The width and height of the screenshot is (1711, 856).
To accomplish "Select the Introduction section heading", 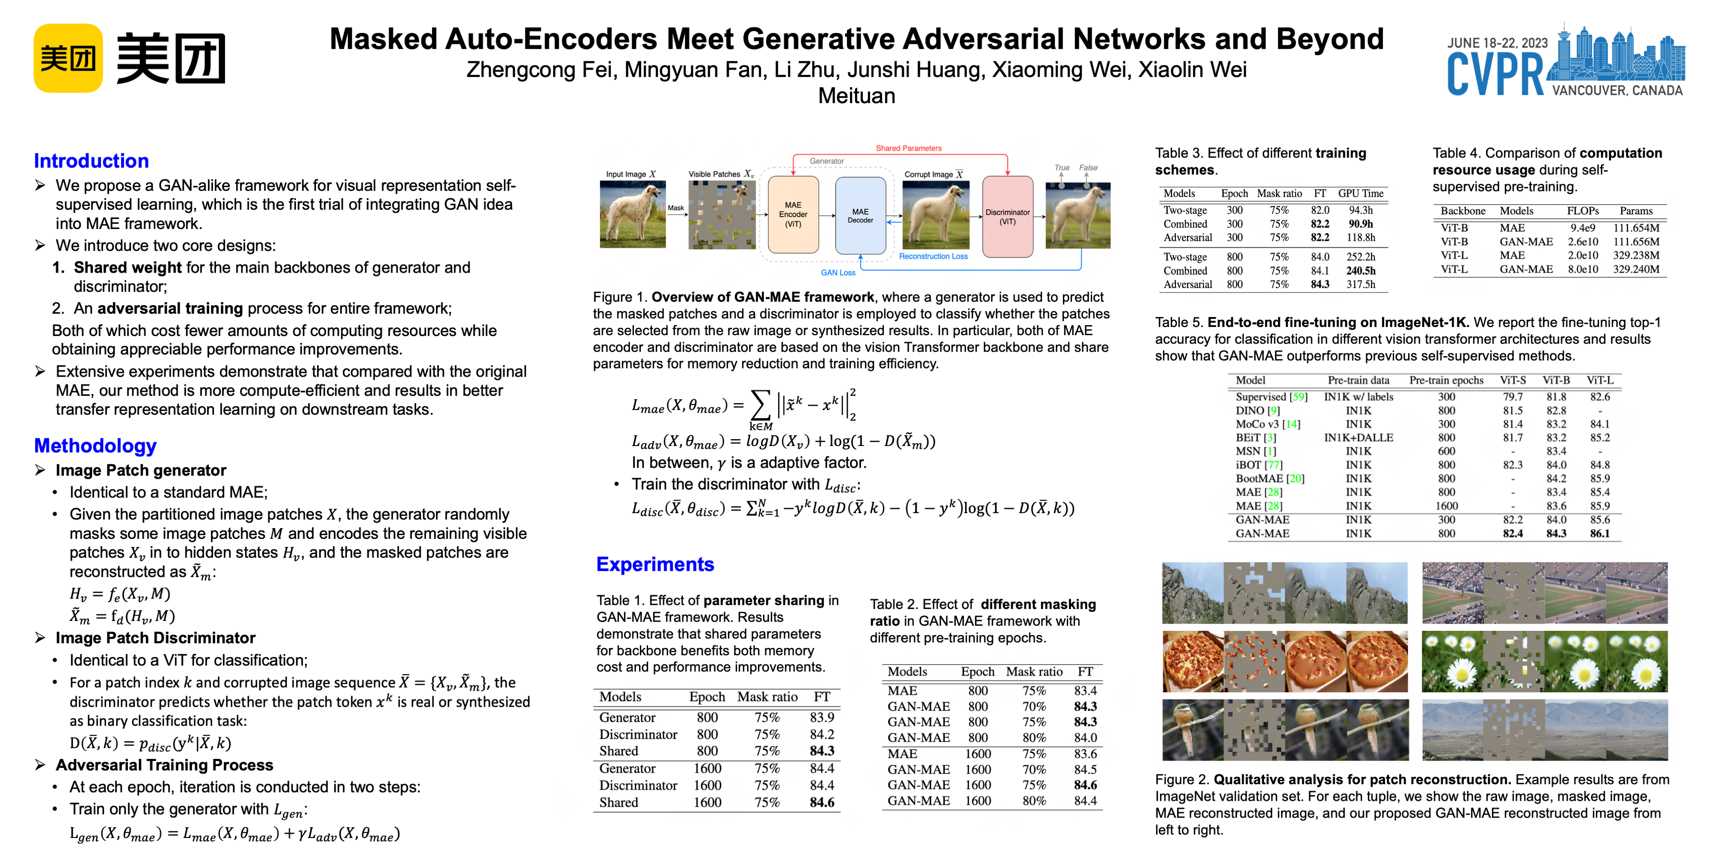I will [91, 161].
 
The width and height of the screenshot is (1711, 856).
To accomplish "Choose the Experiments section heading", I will [655, 564].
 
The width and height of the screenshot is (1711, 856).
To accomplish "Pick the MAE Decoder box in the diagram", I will [860, 215].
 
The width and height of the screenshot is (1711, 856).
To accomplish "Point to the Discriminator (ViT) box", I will [1007, 217].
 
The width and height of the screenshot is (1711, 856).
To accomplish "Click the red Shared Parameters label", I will [908, 148].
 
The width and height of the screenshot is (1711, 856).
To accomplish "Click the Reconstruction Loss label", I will [933, 256].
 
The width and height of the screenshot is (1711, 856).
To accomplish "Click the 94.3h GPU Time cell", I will [1360, 210].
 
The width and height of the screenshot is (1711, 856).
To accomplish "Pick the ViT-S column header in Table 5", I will [1513, 380].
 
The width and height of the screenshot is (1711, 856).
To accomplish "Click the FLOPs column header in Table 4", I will [1582, 211].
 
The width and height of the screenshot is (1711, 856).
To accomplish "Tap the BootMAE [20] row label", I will [1269, 479].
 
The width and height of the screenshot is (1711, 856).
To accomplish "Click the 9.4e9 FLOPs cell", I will [1582, 228].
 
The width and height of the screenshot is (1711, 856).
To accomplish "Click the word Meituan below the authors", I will [856, 96].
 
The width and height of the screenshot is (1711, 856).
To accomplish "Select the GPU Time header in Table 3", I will [1360, 193].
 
